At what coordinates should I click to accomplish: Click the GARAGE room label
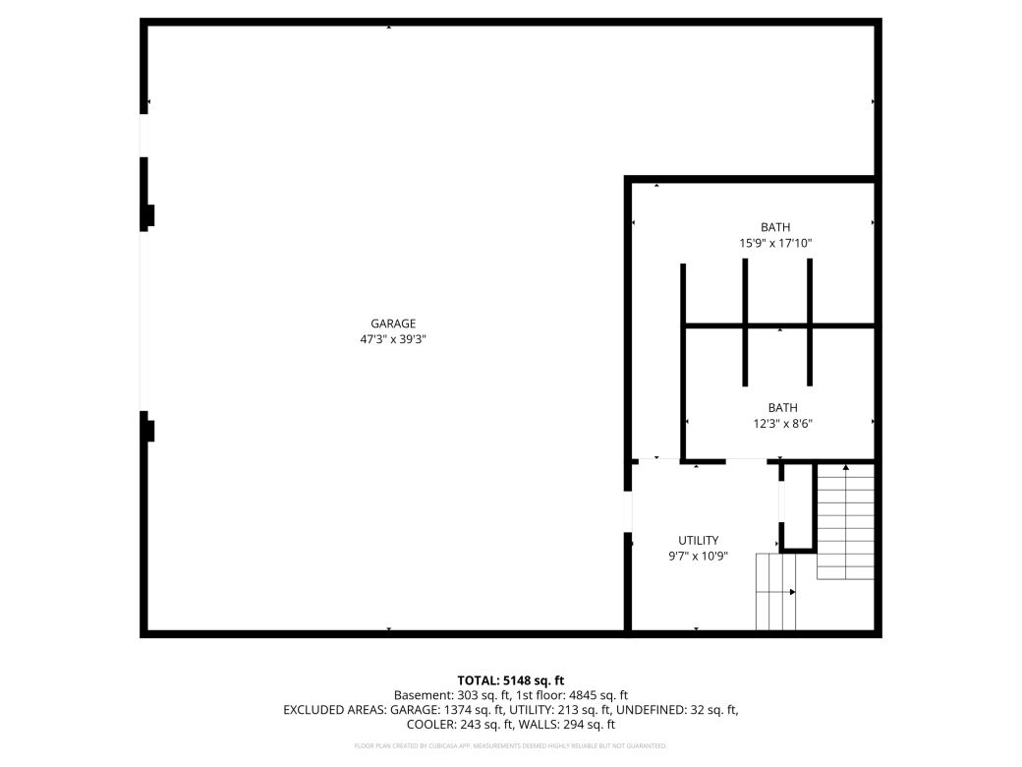point(393,324)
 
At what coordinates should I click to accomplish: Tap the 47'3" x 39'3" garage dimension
point(393,339)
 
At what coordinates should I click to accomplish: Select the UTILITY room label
point(699,540)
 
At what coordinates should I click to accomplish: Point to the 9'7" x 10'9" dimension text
point(699,556)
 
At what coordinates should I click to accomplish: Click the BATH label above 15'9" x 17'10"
point(775,227)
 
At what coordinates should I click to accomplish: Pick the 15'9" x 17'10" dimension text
point(775,243)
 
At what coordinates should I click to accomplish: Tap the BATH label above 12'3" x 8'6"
point(783,407)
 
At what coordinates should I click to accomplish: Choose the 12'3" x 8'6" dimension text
point(783,424)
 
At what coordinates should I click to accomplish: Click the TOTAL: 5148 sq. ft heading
point(511,679)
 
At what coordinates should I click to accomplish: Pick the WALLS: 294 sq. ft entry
point(567,725)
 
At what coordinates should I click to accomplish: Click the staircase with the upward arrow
point(845,521)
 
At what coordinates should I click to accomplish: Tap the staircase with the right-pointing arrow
point(775,592)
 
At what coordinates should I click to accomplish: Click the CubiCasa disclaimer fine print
point(511,746)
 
